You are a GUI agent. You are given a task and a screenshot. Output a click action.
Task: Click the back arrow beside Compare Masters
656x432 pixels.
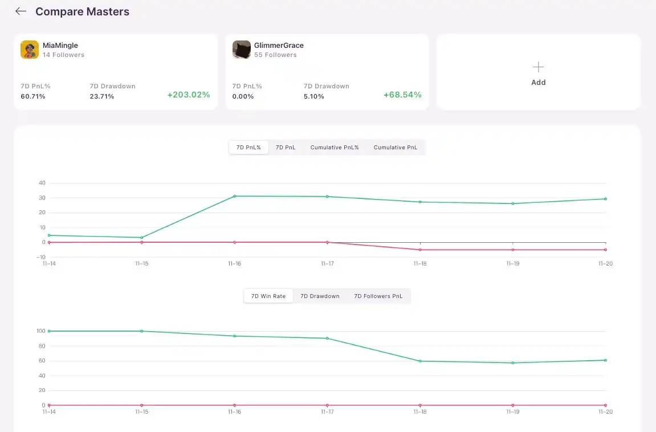pos(21,11)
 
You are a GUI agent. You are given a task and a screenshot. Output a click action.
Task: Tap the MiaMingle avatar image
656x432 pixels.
pos(30,50)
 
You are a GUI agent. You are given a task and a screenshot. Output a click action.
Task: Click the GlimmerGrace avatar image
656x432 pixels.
pos(242,50)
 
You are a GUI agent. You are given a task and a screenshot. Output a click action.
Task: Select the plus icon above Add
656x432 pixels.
pos(538,67)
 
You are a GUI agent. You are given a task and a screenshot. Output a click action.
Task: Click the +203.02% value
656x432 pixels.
pos(189,95)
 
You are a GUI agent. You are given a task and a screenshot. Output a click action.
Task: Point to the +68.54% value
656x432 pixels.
pos(402,95)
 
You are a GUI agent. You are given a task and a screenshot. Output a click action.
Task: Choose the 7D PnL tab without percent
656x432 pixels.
pos(286,148)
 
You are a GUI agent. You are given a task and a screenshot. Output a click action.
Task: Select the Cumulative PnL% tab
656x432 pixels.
pos(335,148)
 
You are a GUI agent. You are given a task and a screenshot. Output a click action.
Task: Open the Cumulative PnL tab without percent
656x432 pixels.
pos(396,148)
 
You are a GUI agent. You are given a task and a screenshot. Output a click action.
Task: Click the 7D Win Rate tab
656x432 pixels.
pos(268,296)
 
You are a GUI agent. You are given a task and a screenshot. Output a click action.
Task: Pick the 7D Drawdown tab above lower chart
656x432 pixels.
pos(320,296)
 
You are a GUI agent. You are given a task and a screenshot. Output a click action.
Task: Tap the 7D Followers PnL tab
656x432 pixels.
pos(378,296)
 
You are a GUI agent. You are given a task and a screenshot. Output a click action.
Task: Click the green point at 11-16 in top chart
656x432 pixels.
pos(235,196)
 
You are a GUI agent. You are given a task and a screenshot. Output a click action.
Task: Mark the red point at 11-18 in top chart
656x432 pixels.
pos(420,250)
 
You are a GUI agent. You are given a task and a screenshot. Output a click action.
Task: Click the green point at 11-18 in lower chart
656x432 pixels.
pos(420,361)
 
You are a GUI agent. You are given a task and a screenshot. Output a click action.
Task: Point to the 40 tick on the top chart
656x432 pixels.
pos(42,183)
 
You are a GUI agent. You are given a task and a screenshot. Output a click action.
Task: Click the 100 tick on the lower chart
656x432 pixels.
pos(40,331)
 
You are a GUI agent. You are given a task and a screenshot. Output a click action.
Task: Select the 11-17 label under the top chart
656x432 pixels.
pos(327,264)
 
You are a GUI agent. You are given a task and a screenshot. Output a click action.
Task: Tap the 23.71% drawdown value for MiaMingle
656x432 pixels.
pos(102,96)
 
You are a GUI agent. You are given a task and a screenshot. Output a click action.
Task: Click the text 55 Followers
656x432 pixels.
pos(275,55)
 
